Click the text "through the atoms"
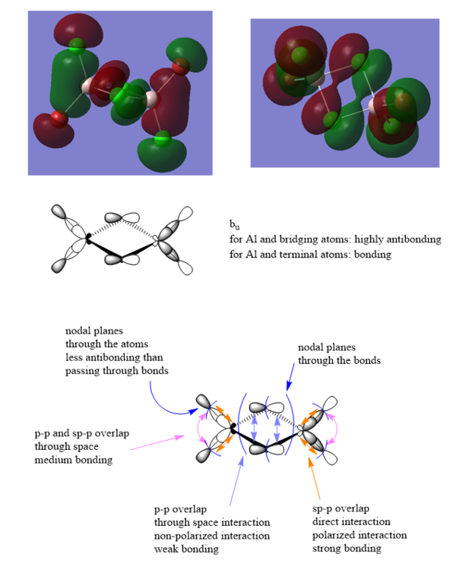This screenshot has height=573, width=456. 103,344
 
